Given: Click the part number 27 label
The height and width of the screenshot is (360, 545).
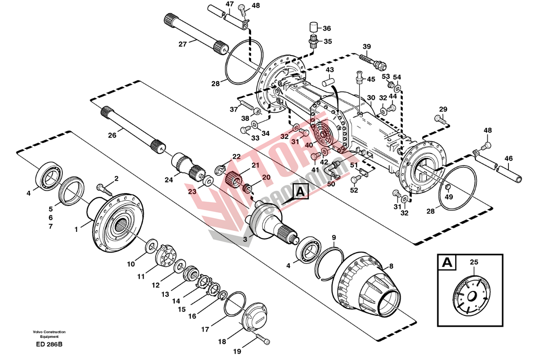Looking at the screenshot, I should tap(182, 44).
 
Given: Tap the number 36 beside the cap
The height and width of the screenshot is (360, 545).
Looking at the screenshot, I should tap(326, 28).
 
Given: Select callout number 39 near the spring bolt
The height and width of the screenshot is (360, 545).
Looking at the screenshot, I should tap(367, 47).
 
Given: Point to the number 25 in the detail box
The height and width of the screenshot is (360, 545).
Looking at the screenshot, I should tap(474, 262).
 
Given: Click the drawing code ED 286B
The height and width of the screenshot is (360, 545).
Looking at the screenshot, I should tap(49, 345).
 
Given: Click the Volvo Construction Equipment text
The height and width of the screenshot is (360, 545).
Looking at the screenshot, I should tap(49, 334).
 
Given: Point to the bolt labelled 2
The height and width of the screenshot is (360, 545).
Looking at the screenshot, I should tap(103, 188).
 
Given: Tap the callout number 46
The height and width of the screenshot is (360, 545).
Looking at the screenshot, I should tap(508, 158).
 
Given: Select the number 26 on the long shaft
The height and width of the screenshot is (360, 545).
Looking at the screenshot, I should tap(112, 135).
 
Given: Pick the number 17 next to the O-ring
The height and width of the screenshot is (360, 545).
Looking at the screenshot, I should tap(205, 330).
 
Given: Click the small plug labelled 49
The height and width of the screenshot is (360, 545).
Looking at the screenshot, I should tap(448, 187).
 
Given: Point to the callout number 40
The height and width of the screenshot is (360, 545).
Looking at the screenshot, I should tap(308, 145).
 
